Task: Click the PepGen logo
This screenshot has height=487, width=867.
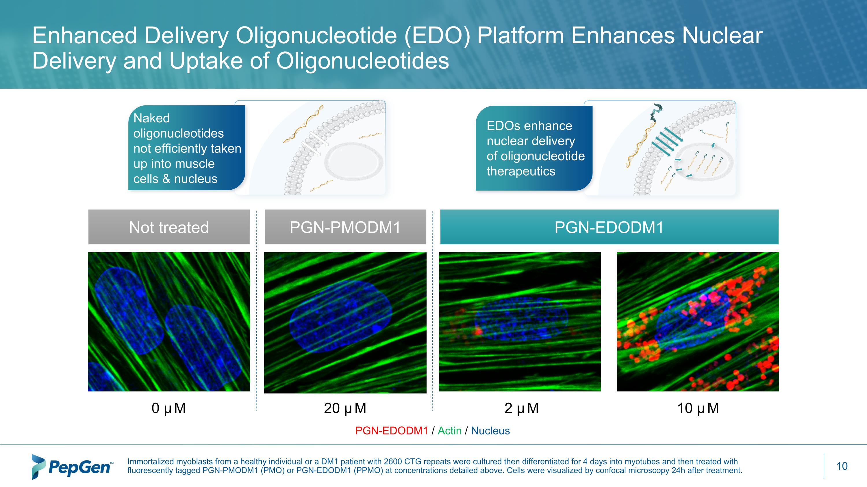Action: tap(72, 467)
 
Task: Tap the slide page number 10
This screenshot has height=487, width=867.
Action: tap(842, 466)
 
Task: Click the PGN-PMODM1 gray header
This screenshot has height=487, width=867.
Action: tap(345, 227)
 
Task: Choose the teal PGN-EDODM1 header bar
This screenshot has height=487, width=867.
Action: tap(609, 227)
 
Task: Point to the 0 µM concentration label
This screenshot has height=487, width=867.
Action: tap(168, 408)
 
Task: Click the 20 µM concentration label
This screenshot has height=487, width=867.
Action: tap(345, 408)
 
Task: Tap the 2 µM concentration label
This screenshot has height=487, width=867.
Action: tap(521, 408)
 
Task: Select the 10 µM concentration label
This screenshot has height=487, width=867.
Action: tap(698, 408)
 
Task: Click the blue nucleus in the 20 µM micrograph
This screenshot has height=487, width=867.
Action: tap(341, 317)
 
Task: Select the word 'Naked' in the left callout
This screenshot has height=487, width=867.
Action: tap(151, 118)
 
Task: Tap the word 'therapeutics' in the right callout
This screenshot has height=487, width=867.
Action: tap(521, 171)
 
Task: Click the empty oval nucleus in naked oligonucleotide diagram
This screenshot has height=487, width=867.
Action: tap(353, 161)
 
